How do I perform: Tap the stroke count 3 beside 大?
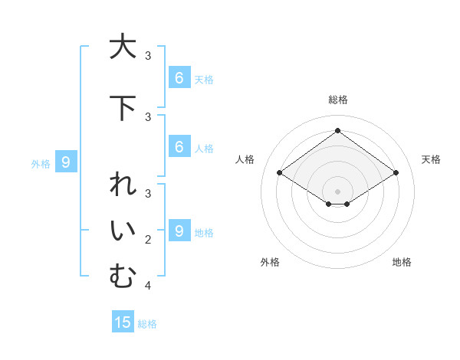[148, 56]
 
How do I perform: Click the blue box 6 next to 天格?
[179, 77]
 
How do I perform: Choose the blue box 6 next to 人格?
[179, 146]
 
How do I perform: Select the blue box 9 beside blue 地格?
[179, 231]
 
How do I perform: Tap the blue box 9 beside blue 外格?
[66, 162]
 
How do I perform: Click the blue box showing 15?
[123, 322]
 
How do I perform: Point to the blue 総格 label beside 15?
[147, 324]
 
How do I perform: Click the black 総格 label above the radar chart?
[337, 100]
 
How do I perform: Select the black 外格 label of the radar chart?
[270, 262]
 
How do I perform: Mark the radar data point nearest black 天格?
[396, 173]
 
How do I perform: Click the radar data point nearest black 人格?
[279, 173]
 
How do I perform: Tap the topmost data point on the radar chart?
[337, 130]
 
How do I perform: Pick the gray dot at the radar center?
[337, 191]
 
